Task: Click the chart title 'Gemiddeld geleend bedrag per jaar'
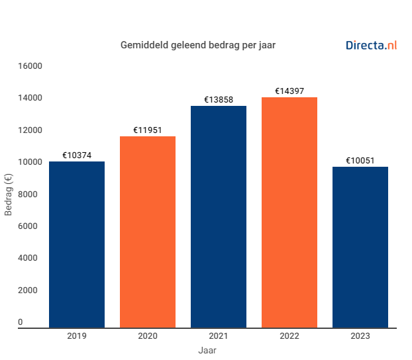click(x=197, y=46)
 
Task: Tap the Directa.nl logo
click(x=371, y=46)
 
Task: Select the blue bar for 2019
click(x=77, y=244)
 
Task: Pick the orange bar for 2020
click(x=148, y=232)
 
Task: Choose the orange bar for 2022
click(x=289, y=212)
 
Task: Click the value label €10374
click(x=77, y=156)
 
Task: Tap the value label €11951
click(x=148, y=130)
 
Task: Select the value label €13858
click(x=219, y=100)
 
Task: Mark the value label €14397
click(x=289, y=91)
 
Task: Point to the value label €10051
click(x=360, y=161)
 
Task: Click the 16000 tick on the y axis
click(x=30, y=66)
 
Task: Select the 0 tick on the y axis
click(x=20, y=322)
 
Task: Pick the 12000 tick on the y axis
click(x=30, y=130)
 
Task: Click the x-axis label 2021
click(x=219, y=336)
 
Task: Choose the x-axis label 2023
click(x=360, y=336)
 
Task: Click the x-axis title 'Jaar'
click(x=207, y=350)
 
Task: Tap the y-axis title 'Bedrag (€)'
click(x=9, y=195)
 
